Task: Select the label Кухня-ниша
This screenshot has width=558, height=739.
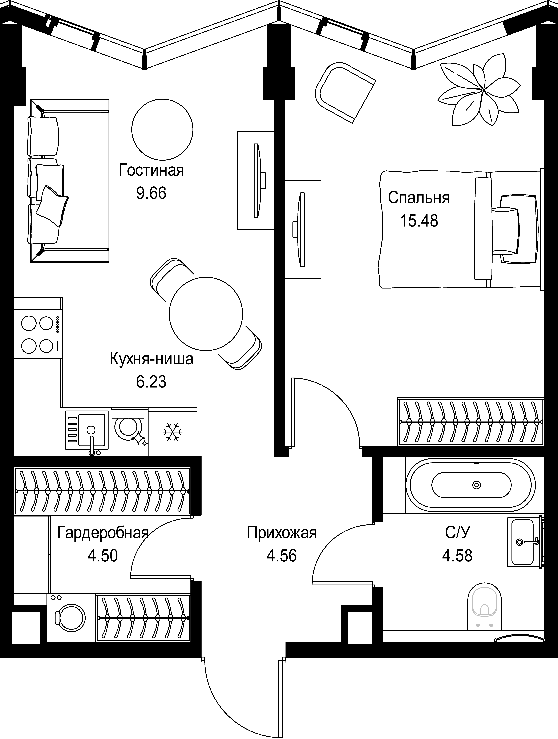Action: (151, 359)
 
